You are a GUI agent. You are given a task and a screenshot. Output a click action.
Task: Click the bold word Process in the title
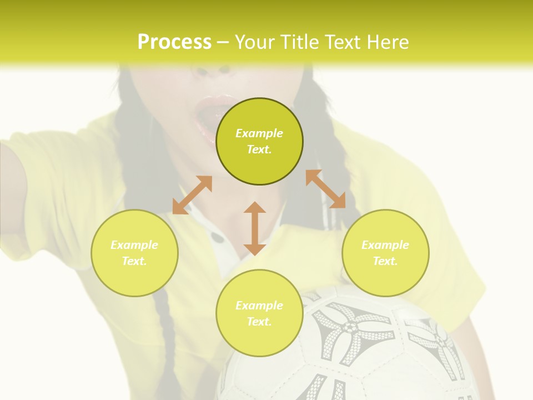pos(174,42)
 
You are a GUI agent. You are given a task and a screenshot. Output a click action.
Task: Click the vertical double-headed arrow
pos(255,228)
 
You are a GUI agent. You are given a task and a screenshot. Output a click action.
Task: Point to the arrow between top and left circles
pos(192,195)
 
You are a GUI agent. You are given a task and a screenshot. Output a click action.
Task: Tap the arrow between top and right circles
pos(325,189)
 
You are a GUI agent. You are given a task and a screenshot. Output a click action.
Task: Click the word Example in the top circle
pos(259,133)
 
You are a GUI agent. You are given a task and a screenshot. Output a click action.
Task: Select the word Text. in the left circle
pos(134,261)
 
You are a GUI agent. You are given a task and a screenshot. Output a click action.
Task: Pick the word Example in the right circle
pos(385,245)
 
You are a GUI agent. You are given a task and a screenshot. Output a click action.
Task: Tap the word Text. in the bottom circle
pos(259,322)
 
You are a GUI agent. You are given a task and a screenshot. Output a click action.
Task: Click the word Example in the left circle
pos(134,245)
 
